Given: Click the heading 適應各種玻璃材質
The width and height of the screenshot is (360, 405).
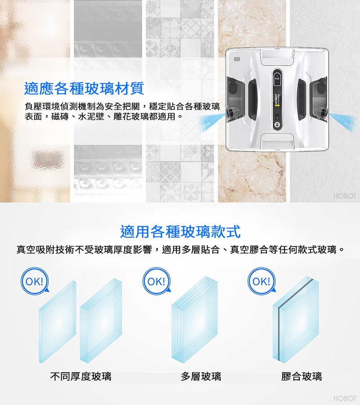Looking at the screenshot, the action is tap(84, 89).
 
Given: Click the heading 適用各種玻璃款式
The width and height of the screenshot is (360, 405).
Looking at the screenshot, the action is tap(180, 231).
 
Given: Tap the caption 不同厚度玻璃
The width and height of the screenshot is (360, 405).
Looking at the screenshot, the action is tap(81, 376).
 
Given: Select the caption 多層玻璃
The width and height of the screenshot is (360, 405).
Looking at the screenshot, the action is tap(201, 376).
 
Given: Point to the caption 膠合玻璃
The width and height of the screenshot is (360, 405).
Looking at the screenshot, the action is tap(301, 376).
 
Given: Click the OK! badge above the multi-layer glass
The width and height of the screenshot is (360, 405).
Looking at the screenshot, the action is tap(157, 281).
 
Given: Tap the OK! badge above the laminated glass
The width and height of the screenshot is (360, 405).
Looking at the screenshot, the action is tap(261, 281).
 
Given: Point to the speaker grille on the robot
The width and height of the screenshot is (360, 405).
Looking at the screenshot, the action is tap(237, 59).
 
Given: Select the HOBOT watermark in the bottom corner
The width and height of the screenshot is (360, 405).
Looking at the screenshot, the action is tap(345, 398).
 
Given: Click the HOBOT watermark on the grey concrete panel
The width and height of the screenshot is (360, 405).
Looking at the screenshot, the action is tap(345, 196).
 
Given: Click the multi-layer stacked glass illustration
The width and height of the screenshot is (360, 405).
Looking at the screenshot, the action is tap(194, 320).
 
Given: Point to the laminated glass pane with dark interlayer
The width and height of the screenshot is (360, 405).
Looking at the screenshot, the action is tap(296, 320).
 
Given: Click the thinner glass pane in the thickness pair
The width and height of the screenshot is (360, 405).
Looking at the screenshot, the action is tap(58, 322).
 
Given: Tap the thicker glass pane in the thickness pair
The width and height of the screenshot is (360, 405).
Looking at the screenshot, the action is tap(101, 321).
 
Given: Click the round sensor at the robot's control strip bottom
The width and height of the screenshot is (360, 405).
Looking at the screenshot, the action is tap(277, 125).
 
